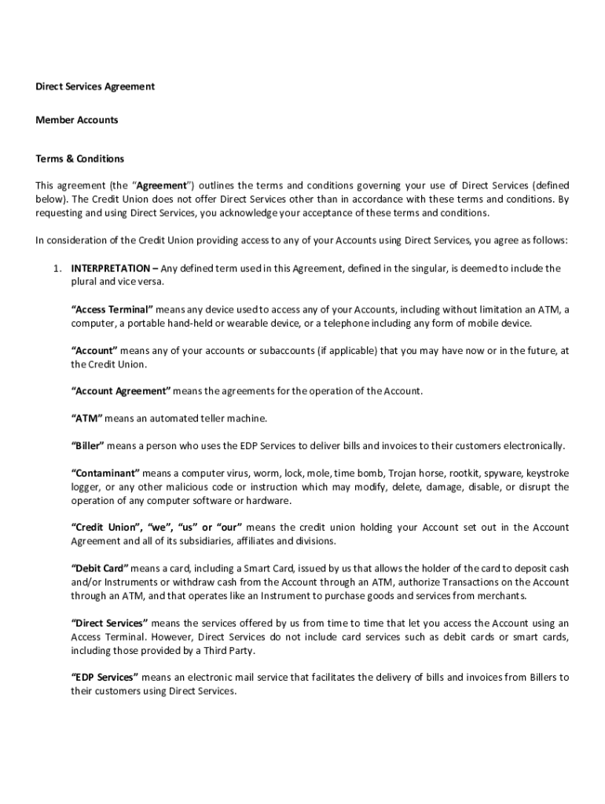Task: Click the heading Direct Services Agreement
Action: pos(95,86)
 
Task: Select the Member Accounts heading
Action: pos(77,120)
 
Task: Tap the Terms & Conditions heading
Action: pos(80,159)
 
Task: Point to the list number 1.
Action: pos(57,269)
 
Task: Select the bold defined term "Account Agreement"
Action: pos(121,391)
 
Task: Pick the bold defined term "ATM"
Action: pos(86,418)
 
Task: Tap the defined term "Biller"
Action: pos(88,446)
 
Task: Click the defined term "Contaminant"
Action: pos(105,473)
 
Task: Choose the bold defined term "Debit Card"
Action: pos(100,568)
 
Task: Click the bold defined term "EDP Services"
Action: pos(105,677)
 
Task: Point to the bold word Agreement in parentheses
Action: pos(163,185)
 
